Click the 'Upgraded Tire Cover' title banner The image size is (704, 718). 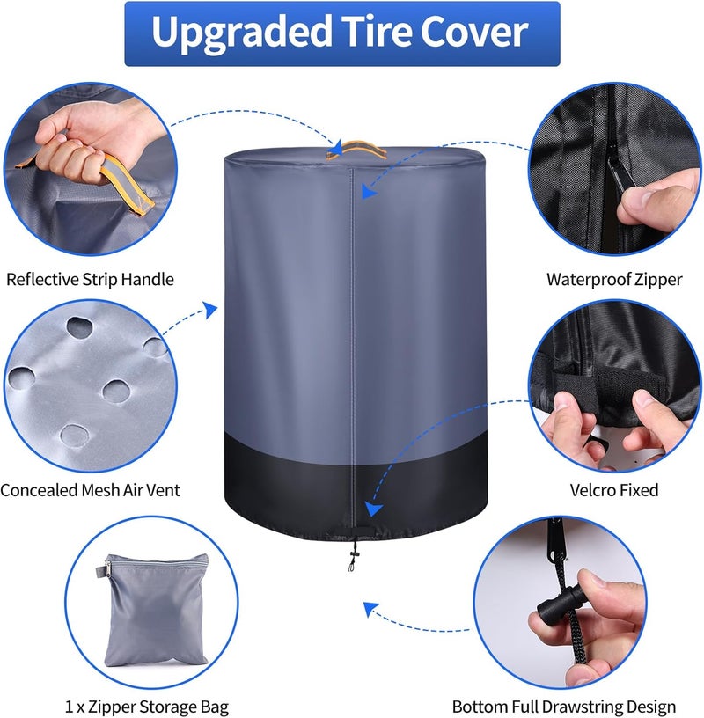click(x=342, y=33)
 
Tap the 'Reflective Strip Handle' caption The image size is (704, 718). click(x=91, y=279)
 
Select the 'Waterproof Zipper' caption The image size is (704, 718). click(x=614, y=279)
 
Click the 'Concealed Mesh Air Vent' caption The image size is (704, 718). click(x=91, y=490)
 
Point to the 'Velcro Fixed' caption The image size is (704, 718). click(x=614, y=490)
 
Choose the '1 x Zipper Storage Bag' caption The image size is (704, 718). click(x=147, y=707)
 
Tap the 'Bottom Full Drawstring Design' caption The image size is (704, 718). click(x=564, y=707)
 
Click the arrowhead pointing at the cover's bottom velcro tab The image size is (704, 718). click(x=373, y=509)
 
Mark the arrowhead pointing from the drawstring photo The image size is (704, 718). click(x=370, y=609)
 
